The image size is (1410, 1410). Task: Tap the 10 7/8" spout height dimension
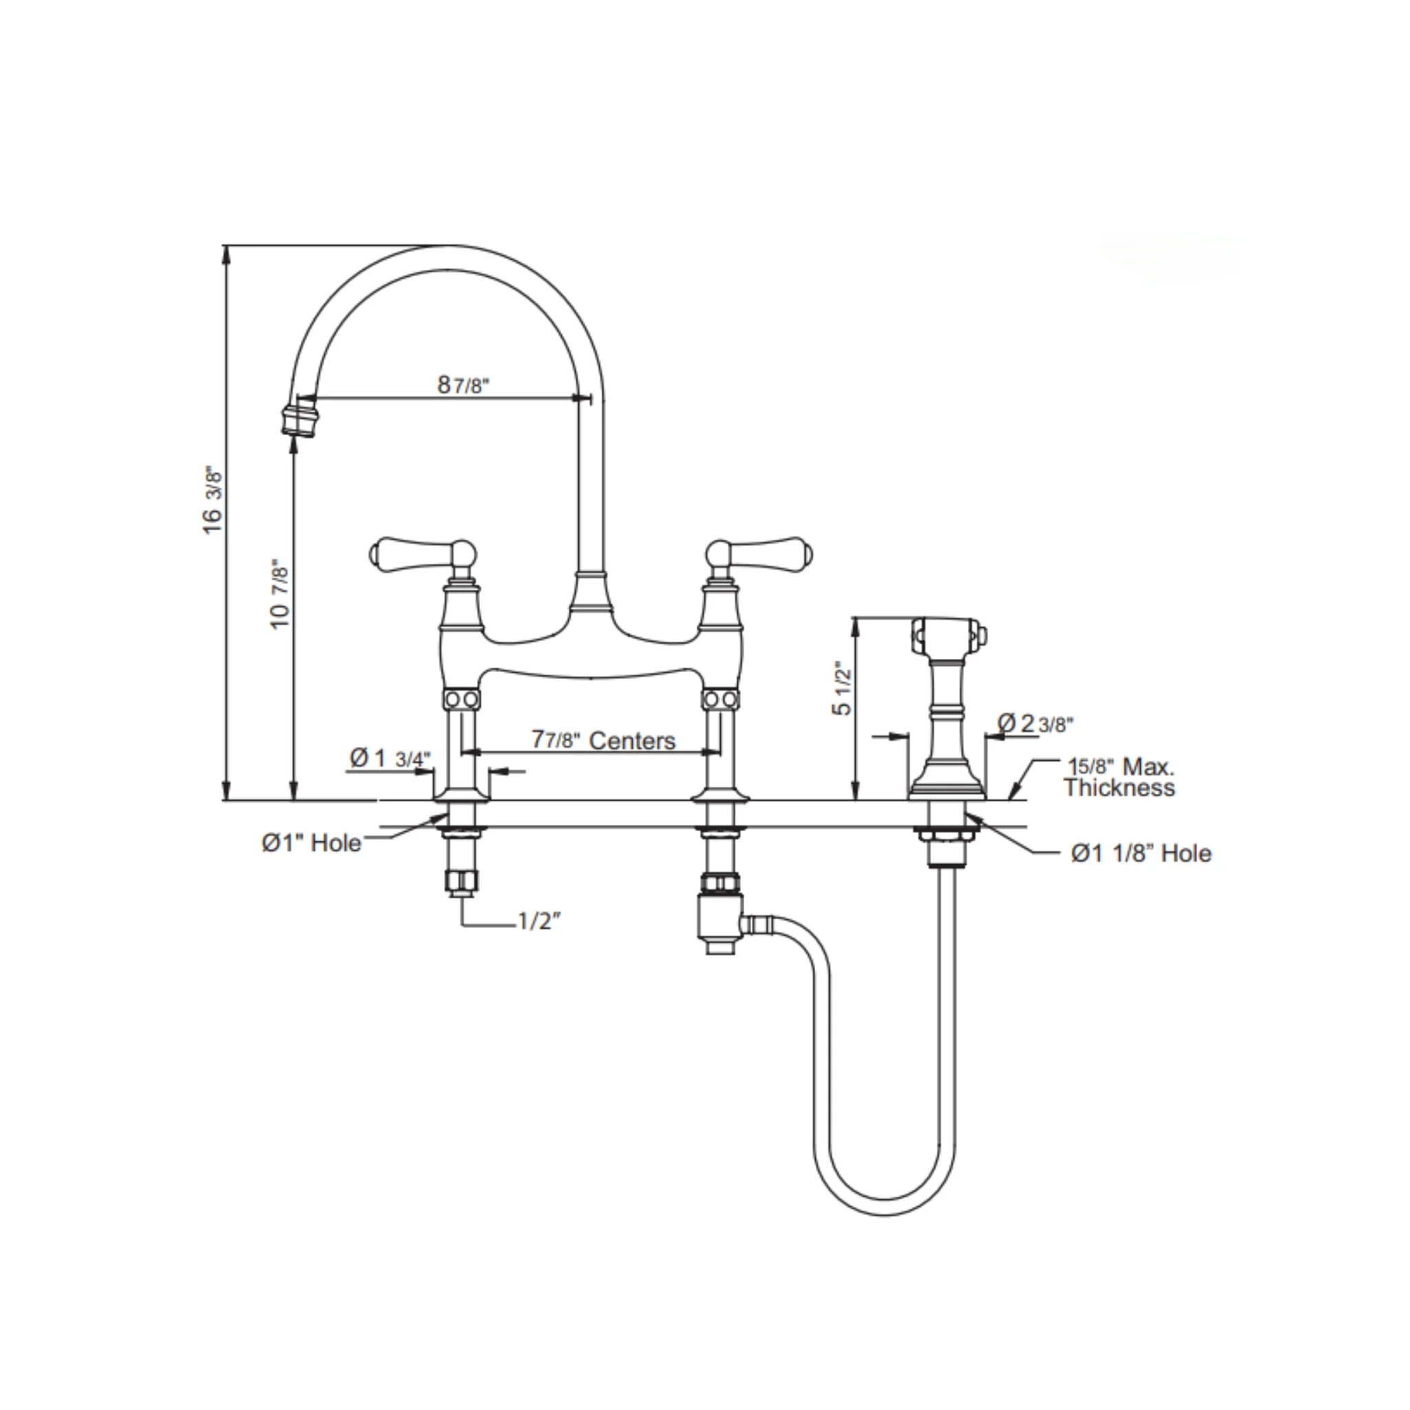[x=280, y=593]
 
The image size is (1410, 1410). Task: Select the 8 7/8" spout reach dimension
[x=463, y=386]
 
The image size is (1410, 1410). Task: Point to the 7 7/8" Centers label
[x=604, y=741]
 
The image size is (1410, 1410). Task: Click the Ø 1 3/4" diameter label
[x=390, y=759]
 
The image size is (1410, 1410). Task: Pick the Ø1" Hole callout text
[x=312, y=843]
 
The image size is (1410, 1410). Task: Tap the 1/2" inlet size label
[x=538, y=922]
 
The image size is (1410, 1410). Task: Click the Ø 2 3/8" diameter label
[x=1035, y=724]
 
